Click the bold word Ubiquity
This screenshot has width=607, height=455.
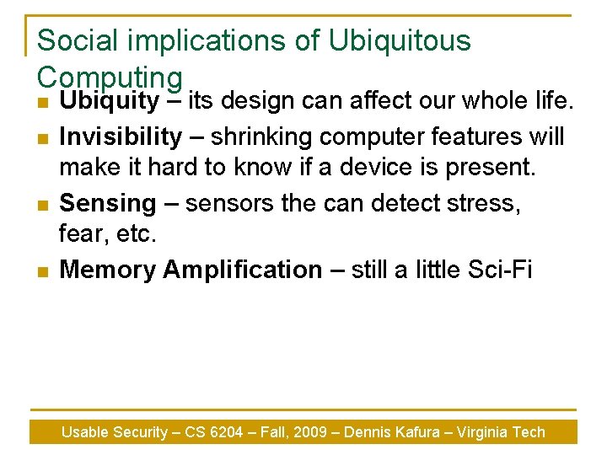tap(110, 102)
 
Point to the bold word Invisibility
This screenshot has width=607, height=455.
tap(121, 136)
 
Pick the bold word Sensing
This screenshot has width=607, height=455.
tap(108, 203)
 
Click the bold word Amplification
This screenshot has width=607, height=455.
tap(243, 270)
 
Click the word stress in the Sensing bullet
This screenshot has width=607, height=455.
tap(473, 203)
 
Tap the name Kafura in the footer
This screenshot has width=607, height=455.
tap(414, 432)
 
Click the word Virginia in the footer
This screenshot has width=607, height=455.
tap(484, 432)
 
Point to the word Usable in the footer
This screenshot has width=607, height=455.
tap(85, 432)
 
